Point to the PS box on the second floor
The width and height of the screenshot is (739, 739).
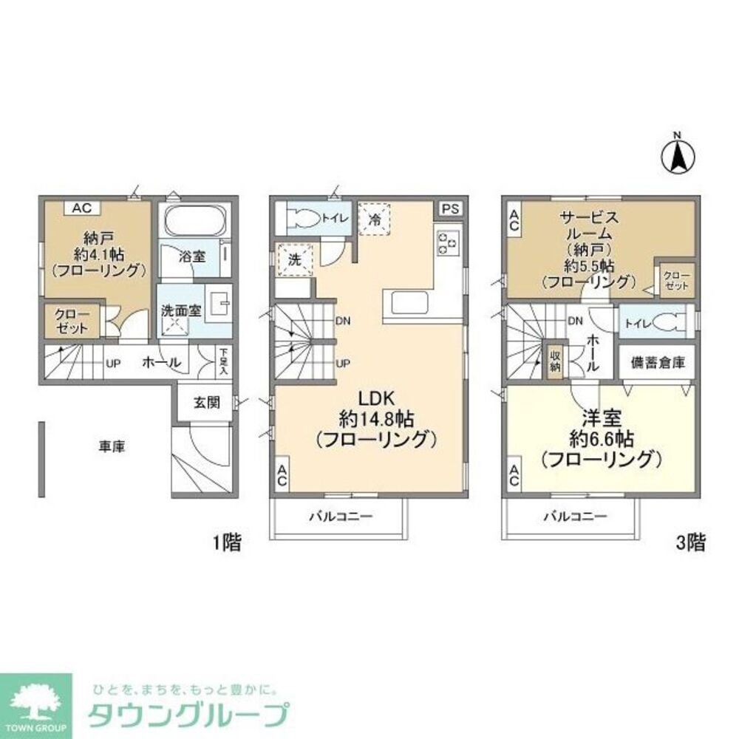450,209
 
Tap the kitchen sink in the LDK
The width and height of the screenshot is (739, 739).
407,302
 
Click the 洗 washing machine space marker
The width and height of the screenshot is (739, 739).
293,259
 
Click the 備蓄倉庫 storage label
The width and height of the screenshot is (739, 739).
657,363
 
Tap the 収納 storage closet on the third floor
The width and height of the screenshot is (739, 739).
554,362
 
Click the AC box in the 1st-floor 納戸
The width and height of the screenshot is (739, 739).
81,208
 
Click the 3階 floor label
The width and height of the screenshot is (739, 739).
689,545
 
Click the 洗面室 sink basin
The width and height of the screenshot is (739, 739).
219,304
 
